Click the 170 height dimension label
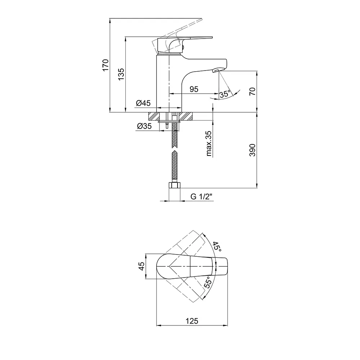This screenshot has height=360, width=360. (105, 65)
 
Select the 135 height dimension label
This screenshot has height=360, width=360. (121, 74)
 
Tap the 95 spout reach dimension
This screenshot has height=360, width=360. (194, 89)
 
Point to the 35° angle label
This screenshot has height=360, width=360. (225, 94)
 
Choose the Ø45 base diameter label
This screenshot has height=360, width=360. (143, 103)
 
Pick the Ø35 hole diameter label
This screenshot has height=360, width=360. (144, 126)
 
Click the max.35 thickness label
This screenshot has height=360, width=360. (208, 144)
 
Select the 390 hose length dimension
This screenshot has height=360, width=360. (252, 150)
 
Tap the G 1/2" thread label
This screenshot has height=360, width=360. (201, 197)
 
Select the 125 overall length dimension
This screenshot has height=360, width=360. (192, 321)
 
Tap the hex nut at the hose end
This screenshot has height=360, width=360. (175, 185)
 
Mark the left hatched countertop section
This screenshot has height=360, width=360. (154, 116)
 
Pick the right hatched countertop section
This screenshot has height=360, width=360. (186, 116)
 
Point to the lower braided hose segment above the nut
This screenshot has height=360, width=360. (175, 166)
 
